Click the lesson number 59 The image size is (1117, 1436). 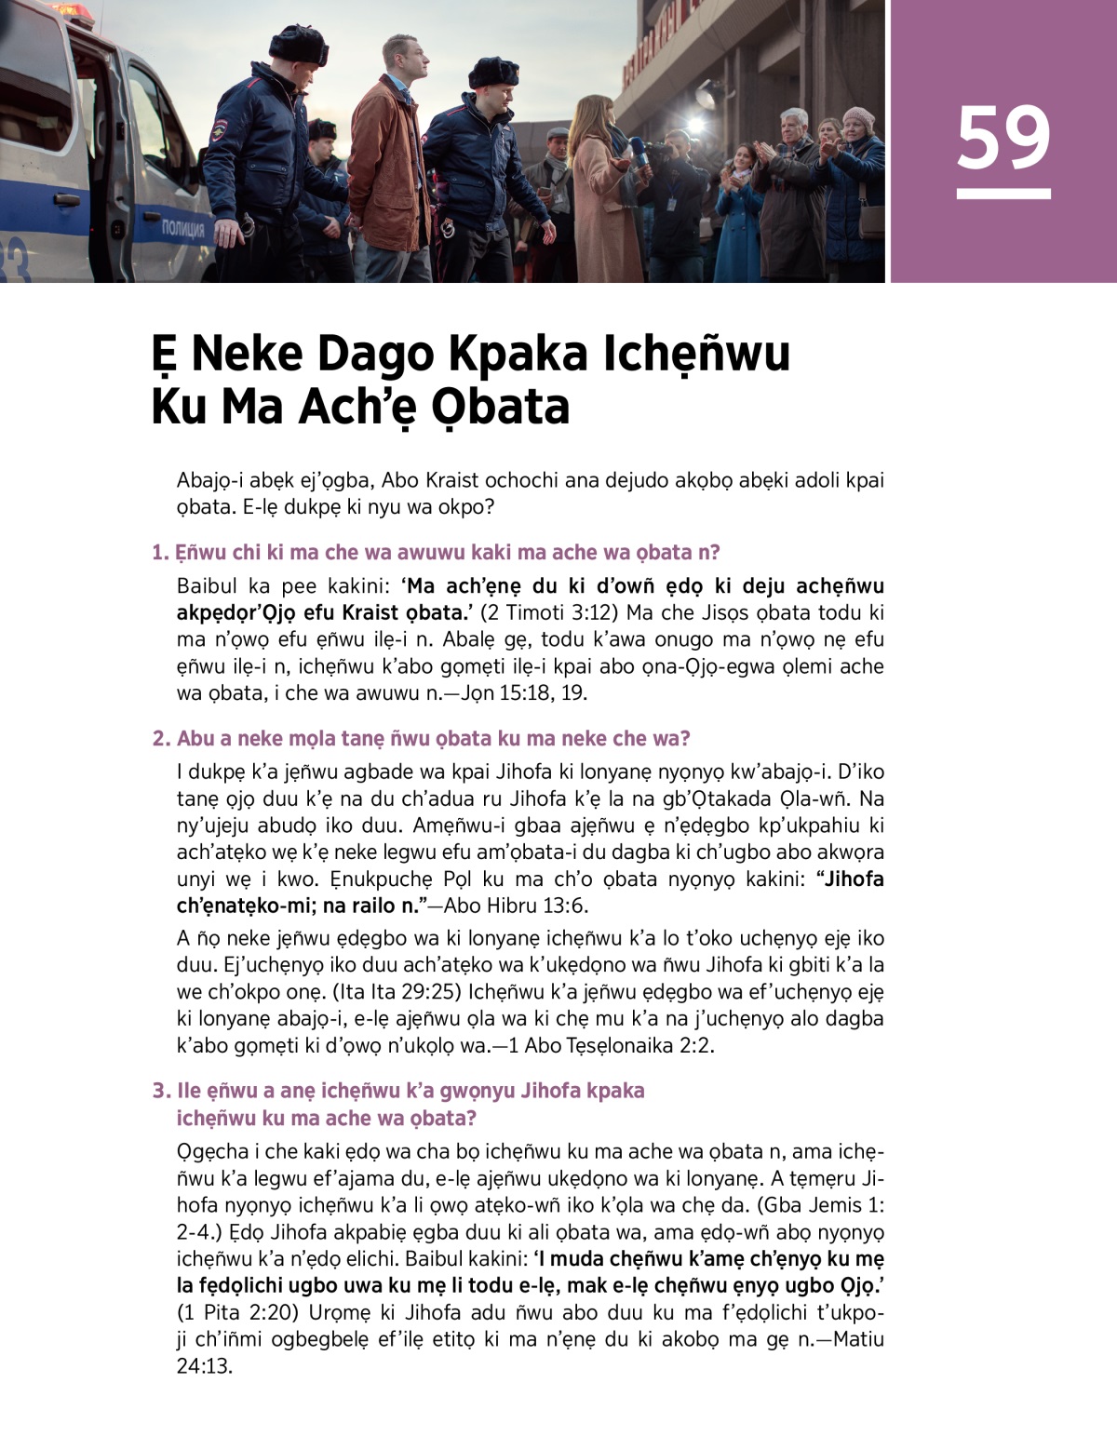click(x=1003, y=137)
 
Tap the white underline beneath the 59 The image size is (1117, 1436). click(x=1003, y=194)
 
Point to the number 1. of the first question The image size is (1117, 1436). click(x=160, y=553)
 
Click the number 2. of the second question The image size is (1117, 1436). click(x=161, y=739)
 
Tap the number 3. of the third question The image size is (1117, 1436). click(x=161, y=1091)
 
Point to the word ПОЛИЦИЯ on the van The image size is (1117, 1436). click(x=182, y=229)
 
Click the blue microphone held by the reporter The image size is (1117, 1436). click(x=639, y=152)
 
